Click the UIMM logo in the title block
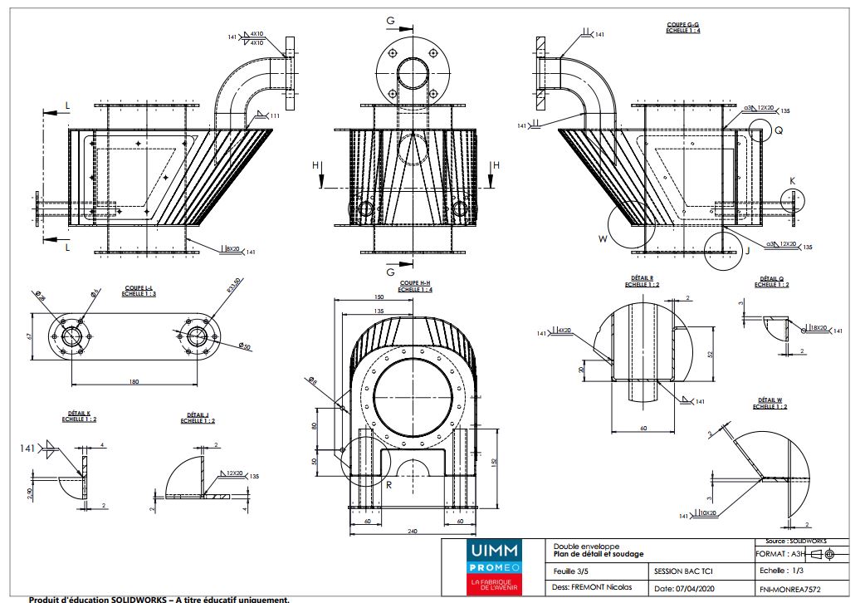(494, 550)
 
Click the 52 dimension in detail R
(711, 353)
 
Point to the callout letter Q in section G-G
(778, 130)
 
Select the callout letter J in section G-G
(748, 248)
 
